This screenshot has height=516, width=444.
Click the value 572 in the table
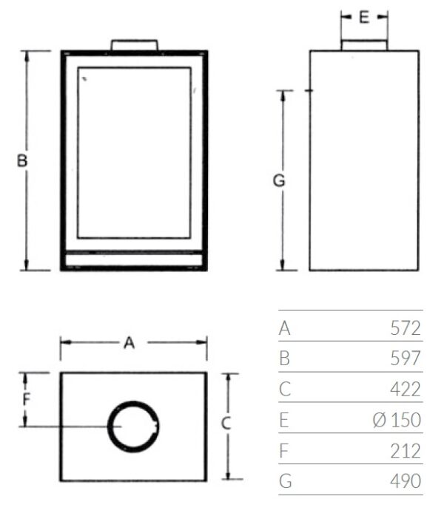(x=406, y=328)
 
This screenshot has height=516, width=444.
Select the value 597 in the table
(x=406, y=358)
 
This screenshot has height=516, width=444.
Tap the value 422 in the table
(x=406, y=389)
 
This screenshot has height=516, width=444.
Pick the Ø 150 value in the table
(x=397, y=420)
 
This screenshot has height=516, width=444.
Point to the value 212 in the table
(x=406, y=451)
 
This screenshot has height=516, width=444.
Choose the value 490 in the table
(x=406, y=481)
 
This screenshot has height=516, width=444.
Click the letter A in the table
(x=285, y=328)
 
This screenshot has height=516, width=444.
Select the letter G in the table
(x=285, y=481)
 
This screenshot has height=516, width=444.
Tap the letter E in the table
(x=284, y=420)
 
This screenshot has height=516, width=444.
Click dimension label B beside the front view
(x=22, y=161)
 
